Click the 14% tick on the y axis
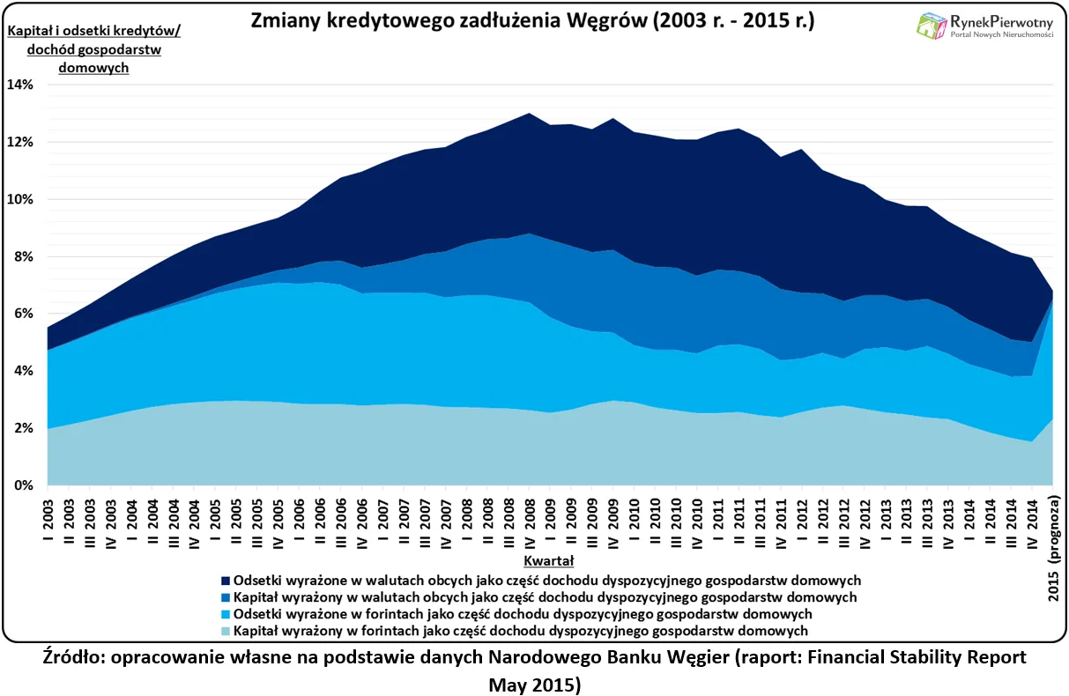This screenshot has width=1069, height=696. pyautogui.click(x=20, y=85)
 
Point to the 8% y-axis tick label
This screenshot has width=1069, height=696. pyautogui.click(x=22, y=256)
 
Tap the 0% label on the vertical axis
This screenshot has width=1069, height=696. pyautogui.click(x=22, y=485)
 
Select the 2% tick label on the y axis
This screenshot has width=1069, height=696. pyautogui.click(x=22, y=428)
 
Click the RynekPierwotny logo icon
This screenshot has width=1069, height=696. pyautogui.click(x=932, y=26)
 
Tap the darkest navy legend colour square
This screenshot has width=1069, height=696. pyautogui.click(x=226, y=581)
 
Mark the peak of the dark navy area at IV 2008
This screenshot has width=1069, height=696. pyautogui.click(x=530, y=113)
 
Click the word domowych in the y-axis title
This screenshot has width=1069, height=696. pyautogui.click(x=93, y=67)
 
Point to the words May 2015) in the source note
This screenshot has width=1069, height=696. pyautogui.click(x=534, y=684)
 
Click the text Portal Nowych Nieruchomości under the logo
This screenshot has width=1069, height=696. pyautogui.click(x=1002, y=33)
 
